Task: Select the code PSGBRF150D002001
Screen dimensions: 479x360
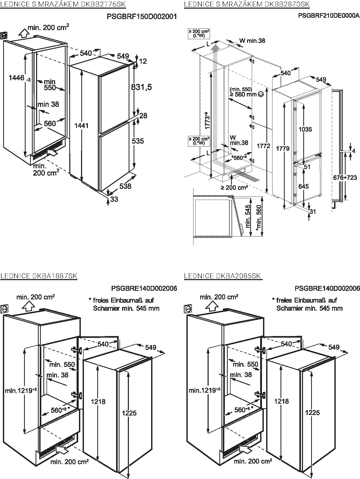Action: [x=142, y=17]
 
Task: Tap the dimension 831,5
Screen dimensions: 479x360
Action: [x=141, y=87]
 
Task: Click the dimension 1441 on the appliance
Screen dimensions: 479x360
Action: [x=82, y=126]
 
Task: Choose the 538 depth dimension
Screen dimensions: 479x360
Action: [x=125, y=186]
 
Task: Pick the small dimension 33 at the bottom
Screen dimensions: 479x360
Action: [x=114, y=199]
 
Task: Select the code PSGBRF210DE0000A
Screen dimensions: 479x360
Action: [x=329, y=15]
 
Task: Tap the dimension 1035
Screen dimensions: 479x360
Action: [x=305, y=129]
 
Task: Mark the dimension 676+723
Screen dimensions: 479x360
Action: [x=345, y=177]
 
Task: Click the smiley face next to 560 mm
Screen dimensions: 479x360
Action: [x=260, y=94]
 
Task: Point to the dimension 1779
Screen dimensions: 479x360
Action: [x=283, y=148]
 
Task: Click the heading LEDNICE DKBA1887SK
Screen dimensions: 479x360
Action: [x=39, y=276]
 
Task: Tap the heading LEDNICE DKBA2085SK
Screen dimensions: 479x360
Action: [x=223, y=276]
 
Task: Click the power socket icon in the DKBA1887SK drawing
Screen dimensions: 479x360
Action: [x=4, y=309]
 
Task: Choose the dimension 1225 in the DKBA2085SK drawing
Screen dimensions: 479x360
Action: [x=312, y=412]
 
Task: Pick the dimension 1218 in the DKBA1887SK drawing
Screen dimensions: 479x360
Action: [x=98, y=402]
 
